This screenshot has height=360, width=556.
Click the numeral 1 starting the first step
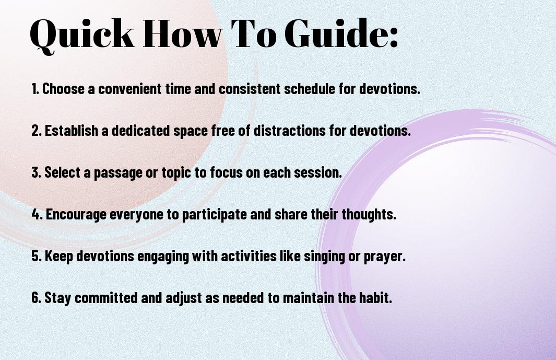[34, 89]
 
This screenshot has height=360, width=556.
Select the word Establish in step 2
[72, 130]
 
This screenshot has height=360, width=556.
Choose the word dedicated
[141, 130]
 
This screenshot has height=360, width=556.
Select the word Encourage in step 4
[76, 214]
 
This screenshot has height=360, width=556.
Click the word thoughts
[369, 214]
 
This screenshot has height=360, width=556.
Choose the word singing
[324, 257]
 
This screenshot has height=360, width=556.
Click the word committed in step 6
[106, 297]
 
